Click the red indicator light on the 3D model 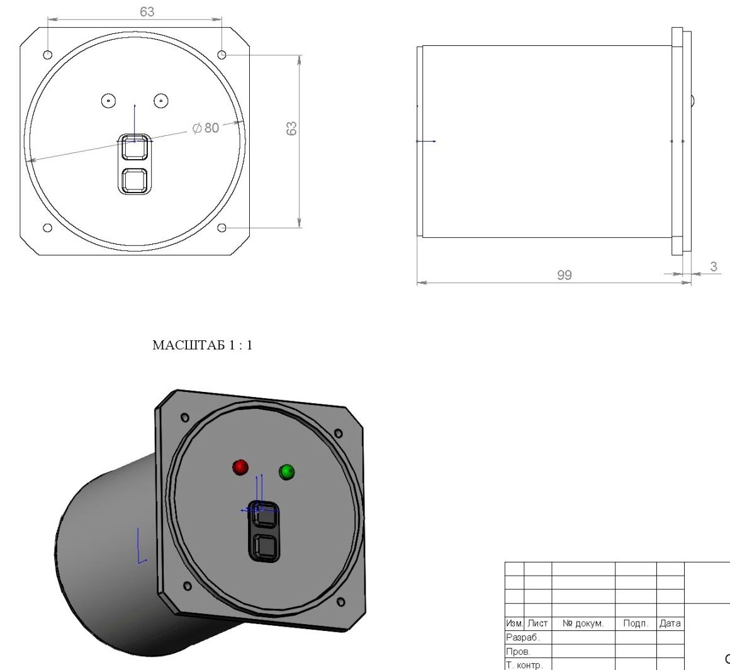pyautogui.click(x=240, y=467)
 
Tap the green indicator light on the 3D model pyautogui.click(x=287, y=472)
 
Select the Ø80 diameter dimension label pyautogui.click(x=206, y=128)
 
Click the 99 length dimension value pyautogui.click(x=564, y=275)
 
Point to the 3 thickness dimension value pyautogui.click(x=714, y=267)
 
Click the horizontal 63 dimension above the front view pyautogui.click(x=147, y=11)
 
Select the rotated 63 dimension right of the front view pyautogui.click(x=291, y=128)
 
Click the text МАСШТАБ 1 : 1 pyautogui.click(x=203, y=345)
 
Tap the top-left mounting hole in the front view pyautogui.click(x=47, y=55)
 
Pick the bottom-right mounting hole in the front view pyautogui.click(x=222, y=228)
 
